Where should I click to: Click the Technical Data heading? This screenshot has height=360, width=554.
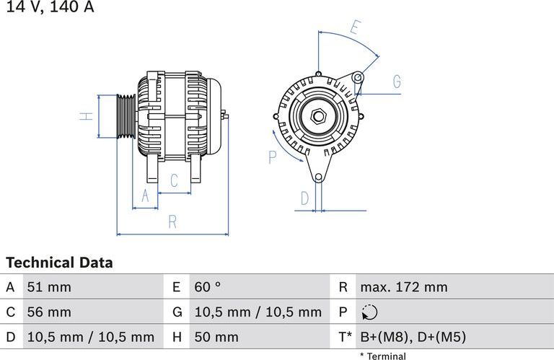point(59,263)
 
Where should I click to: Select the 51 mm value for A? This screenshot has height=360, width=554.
point(49,287)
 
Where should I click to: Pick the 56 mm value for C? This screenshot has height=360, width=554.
point(49,312)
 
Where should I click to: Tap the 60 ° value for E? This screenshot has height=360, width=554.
point(208,287)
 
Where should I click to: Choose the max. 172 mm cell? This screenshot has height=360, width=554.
point(403,287)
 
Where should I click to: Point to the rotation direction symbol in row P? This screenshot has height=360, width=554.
point(369,312)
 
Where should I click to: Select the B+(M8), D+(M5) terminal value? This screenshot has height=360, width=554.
point(413,337)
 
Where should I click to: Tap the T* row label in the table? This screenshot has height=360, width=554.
point(344,337)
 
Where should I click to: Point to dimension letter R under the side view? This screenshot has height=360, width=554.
point(172,222)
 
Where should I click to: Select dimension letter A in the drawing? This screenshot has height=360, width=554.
point(145,196)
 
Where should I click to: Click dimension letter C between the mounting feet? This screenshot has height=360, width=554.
point(174,180)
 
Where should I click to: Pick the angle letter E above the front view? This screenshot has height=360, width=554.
point(354,28)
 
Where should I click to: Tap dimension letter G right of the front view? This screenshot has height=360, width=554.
point(397,82)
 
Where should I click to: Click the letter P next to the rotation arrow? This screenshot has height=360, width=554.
point(273,157)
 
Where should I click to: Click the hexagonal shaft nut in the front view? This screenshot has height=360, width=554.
point(317,116)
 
